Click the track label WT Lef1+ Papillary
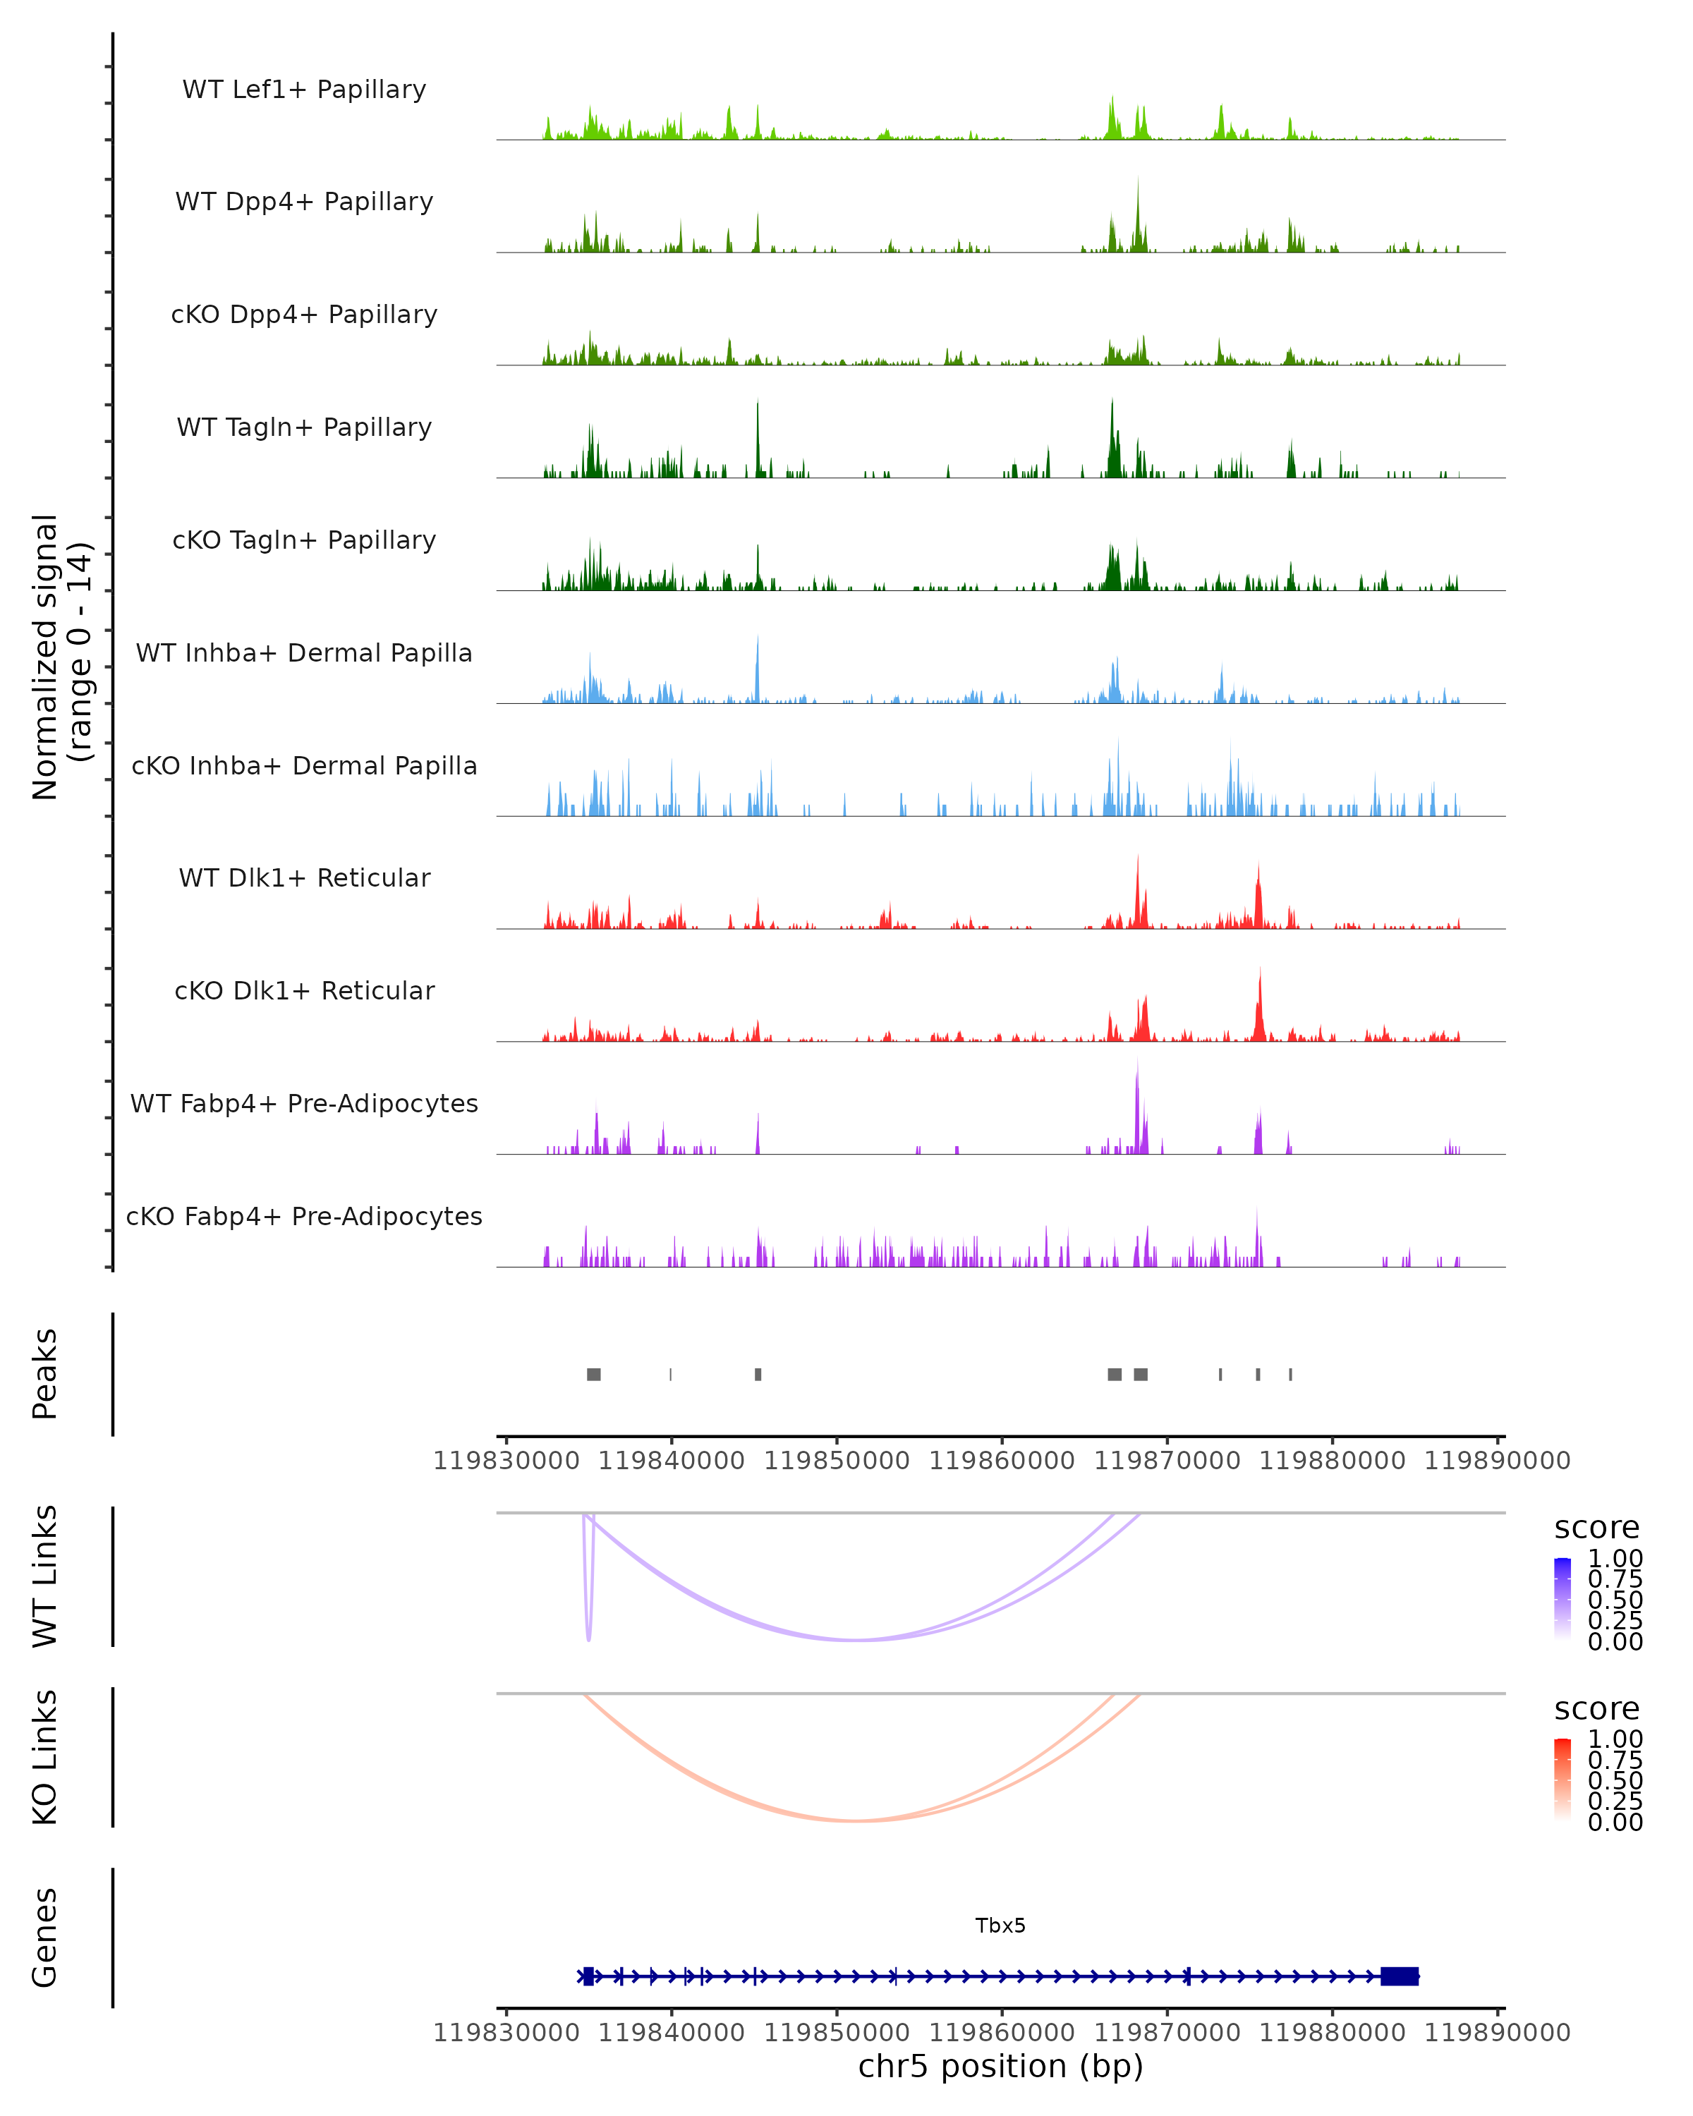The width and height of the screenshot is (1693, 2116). [304, 90]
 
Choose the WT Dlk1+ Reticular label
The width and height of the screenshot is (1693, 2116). [304, 877]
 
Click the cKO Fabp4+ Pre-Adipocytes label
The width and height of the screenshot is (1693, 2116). [304, 1216]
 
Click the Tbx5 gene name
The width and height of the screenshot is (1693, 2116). [1000, 1926]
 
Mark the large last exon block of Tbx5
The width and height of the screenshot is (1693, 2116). [1400, 1976]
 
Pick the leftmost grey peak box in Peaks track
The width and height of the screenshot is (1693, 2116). [594, 1374]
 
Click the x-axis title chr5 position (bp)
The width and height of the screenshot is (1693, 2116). [1000, 2066]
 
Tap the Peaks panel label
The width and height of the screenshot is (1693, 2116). [45, 1374]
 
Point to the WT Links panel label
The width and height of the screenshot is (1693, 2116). [45, 1576]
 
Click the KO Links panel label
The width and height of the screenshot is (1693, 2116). [45, 1757]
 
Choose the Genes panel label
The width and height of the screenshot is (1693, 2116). [45, 1938]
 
